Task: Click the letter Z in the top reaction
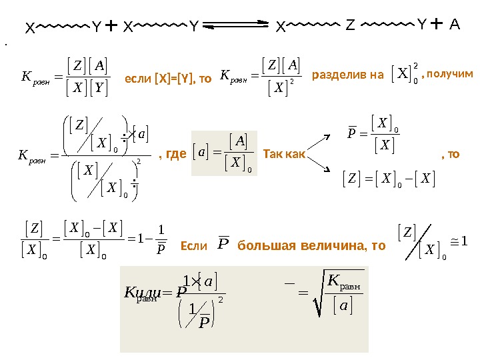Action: click(351, 26)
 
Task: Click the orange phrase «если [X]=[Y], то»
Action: click(168, 79)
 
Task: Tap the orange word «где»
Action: click(175, 155)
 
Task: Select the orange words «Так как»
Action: click(284, 155)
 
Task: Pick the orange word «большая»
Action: click(262, 246)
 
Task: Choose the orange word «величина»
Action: click(323, 246)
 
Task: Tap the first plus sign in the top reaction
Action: click(111, 26)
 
